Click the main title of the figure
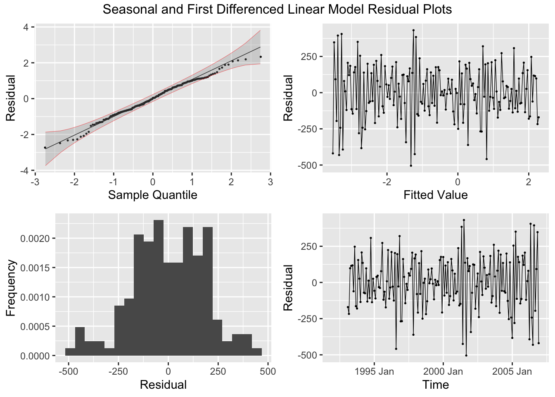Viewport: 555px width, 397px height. click(277, 9)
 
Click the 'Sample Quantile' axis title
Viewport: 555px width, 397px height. click(152, 195)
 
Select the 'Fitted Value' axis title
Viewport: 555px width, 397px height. click(435, 195)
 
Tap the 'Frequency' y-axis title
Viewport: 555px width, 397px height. click(11, 288)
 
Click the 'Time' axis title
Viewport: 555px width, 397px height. click(435, 385)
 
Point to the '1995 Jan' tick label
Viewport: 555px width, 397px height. click(374, 371)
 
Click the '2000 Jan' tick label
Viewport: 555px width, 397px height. click(443, 371)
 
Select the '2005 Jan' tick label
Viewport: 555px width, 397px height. click(512, 371)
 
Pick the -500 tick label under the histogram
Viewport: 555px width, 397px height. click(69, 371)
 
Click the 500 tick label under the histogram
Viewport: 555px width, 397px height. click(268, 371)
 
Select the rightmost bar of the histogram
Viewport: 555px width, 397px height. click(256, 352)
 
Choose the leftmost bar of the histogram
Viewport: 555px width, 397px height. click(70, 352)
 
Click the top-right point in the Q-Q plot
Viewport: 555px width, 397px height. click(261, 57)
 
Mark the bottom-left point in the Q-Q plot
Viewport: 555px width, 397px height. click(45, 148)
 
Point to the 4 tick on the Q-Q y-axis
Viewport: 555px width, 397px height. click(26, 27)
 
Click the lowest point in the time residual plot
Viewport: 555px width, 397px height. click(466, 355)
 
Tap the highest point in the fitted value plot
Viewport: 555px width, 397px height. click(413, 30)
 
